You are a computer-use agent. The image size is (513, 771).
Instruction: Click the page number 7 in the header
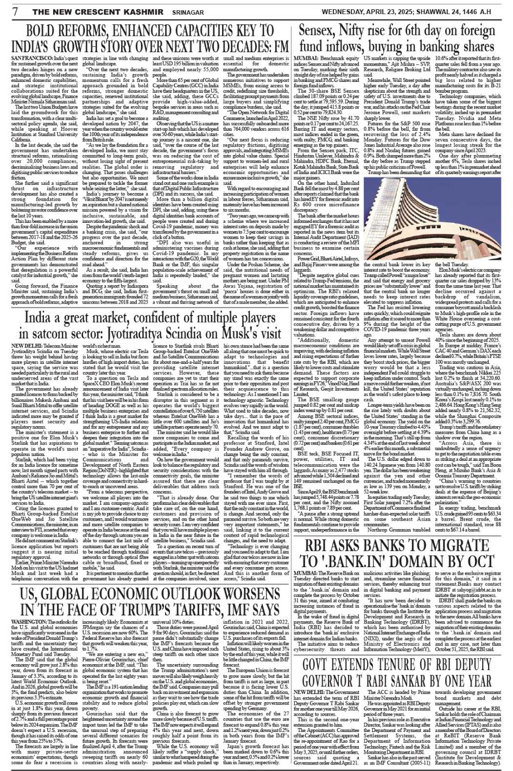[x=7, y=10]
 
